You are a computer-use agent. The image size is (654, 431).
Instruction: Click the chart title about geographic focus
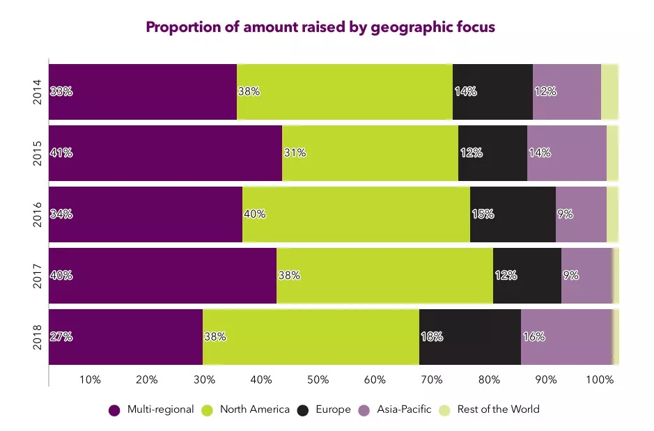coord(320,28)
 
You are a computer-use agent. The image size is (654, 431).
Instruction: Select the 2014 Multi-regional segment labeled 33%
coord(143,91)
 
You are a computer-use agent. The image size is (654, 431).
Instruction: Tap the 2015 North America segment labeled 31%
coord(370,152)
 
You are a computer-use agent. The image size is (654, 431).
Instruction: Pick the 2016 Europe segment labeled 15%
coord(513,214)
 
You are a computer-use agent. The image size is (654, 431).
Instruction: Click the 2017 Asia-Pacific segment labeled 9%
coord(586,275)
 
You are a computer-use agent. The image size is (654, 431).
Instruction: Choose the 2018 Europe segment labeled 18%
coord(469,336)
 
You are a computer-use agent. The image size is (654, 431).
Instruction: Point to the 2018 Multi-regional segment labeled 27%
coord(125,336)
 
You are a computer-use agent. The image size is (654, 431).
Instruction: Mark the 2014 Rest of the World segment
coord(609,91)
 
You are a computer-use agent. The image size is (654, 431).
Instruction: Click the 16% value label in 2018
coord(534,337)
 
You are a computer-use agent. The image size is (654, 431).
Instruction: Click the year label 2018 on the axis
coord(38,337)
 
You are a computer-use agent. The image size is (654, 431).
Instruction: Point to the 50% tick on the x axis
coord(318,380)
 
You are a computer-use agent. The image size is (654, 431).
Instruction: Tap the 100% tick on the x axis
coord(600,380)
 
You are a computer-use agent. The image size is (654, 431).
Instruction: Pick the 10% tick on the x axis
coord(91,380)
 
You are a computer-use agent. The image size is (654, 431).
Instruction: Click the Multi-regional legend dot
coord(115,410)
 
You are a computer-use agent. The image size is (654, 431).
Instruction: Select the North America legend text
coord(254,409)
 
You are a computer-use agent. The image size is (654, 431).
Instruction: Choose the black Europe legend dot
coord(303,410)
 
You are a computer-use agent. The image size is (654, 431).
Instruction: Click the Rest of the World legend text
coord(498,409)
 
